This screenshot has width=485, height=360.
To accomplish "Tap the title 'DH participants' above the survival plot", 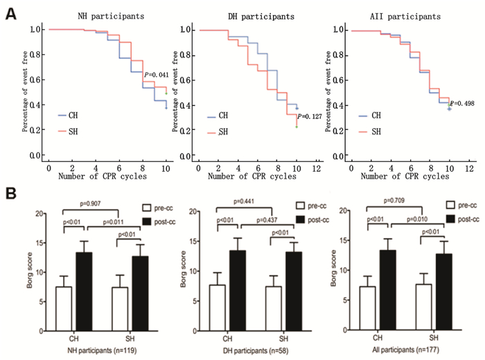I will tap(255, 13).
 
